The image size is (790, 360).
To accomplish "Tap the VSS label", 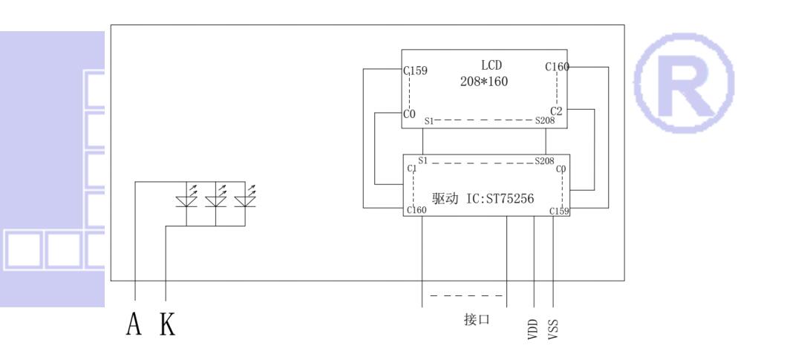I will click(x=553, y=327).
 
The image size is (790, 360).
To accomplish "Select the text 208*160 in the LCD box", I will click(x=484, y=81).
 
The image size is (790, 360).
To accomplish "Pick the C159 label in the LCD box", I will click(x=415, y=73).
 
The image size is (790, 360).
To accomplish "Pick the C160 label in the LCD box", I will click(x=557, y=67).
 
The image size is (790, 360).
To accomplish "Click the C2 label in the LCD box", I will click(x=558, y=111).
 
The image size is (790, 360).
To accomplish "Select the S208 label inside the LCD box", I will click(x=544, y=120).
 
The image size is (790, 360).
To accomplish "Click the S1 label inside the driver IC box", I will click(x=423, y=160).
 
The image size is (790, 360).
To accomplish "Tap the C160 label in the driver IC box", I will click(x=417, y=211).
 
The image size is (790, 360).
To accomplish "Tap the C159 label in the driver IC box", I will click(x=559, y=211).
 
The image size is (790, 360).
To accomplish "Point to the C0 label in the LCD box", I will click(x=408, y=114).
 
